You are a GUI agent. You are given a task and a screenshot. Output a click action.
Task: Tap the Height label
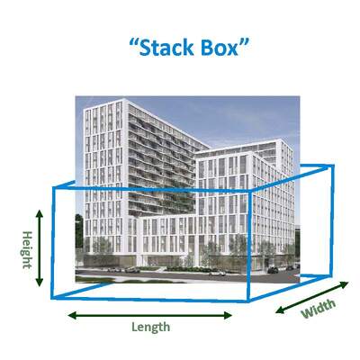click(x=27, y=249)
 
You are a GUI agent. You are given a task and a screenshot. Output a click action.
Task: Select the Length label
click(x=151, y=327)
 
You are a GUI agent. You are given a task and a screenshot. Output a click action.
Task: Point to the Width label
click(x=319, y=309)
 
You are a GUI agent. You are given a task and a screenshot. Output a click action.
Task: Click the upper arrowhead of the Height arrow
click(x=40, y=213)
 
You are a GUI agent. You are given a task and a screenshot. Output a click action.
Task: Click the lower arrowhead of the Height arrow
click(x=40, y=283)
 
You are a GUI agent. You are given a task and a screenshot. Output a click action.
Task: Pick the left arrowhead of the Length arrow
click(x=72, y=315)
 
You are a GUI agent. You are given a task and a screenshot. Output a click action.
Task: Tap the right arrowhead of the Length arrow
click(x=229, y=315)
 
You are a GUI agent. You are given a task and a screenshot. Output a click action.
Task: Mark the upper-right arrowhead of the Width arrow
click(x=345, y=284)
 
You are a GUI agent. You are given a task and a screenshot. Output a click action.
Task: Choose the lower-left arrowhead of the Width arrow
click(x=280, y=310)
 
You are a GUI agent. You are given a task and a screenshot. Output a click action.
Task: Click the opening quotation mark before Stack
click(x=134, y=43)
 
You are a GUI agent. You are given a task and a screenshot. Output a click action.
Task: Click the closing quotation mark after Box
click(x=244, y=43)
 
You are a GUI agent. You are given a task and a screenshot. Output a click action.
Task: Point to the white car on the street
click(x=217, y=273)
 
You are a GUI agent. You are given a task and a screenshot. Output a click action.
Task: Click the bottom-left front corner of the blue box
click(x=53, y=298)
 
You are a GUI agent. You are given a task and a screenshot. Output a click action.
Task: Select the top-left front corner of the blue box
click(x=54, y=188)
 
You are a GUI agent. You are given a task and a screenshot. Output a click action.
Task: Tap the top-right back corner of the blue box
click(x=333, y=166)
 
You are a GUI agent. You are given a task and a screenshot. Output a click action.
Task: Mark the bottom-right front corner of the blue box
click(x=248, y=301)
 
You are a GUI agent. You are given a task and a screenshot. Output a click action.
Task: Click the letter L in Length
click(x=134, y=326)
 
